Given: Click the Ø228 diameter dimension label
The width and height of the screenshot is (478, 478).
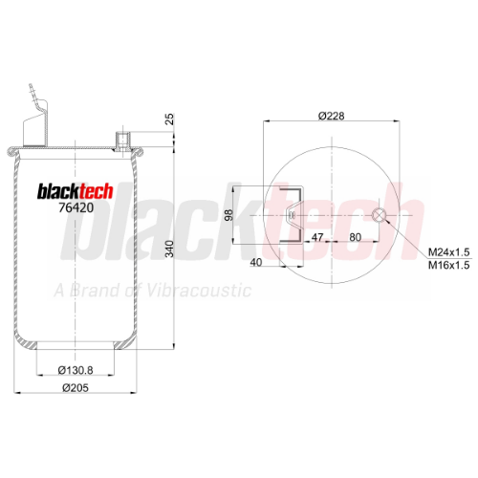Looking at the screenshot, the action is [332, 116].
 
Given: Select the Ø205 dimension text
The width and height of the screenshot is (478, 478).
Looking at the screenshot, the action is [76, 388].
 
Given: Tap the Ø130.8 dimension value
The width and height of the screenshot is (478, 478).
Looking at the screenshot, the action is [76, 370].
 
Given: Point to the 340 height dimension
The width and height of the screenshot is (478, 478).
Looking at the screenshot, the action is [169, 249].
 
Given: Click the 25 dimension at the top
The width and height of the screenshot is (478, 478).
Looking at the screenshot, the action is [170, 119].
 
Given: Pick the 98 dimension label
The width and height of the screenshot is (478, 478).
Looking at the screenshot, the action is [228, 215].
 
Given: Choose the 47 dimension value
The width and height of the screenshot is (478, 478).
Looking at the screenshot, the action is [317, 237].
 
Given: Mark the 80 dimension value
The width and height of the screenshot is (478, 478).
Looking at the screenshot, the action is [356, 237].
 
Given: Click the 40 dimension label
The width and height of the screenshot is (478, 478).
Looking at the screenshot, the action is [256, 262].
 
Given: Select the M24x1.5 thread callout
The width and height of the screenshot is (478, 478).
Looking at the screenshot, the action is [448, 252].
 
